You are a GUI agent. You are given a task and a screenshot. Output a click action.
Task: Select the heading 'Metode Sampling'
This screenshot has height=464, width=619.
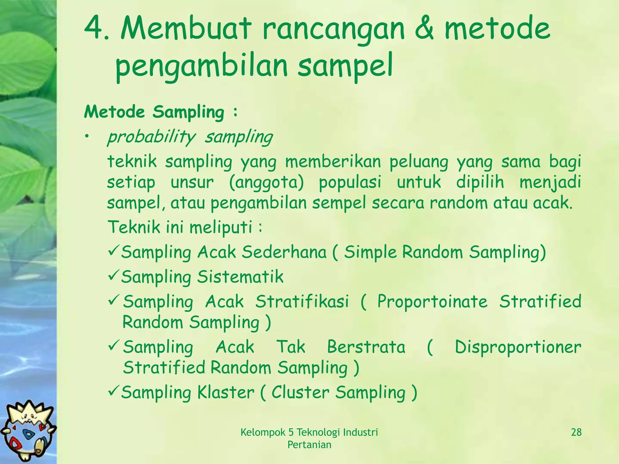pos(154,112)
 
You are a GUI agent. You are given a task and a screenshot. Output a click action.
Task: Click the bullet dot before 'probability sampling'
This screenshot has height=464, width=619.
pos(87,137)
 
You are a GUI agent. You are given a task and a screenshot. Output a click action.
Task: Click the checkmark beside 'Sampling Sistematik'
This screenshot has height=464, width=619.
pos(114,275)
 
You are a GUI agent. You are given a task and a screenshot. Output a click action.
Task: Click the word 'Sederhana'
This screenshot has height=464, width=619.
pos(284,252)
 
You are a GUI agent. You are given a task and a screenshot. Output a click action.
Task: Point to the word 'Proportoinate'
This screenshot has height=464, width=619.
pos(432,302)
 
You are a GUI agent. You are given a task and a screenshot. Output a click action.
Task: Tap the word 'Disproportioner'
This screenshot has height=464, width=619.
pos(518,347)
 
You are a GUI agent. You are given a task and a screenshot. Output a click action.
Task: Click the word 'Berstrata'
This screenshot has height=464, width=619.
pos(366,347)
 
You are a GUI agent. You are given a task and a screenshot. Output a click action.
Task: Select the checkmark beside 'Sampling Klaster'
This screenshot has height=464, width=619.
pos(114,391)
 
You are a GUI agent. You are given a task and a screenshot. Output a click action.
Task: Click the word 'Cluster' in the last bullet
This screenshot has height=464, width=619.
pos(300,392)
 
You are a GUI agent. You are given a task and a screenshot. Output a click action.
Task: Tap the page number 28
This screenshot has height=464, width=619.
pos(576,432)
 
